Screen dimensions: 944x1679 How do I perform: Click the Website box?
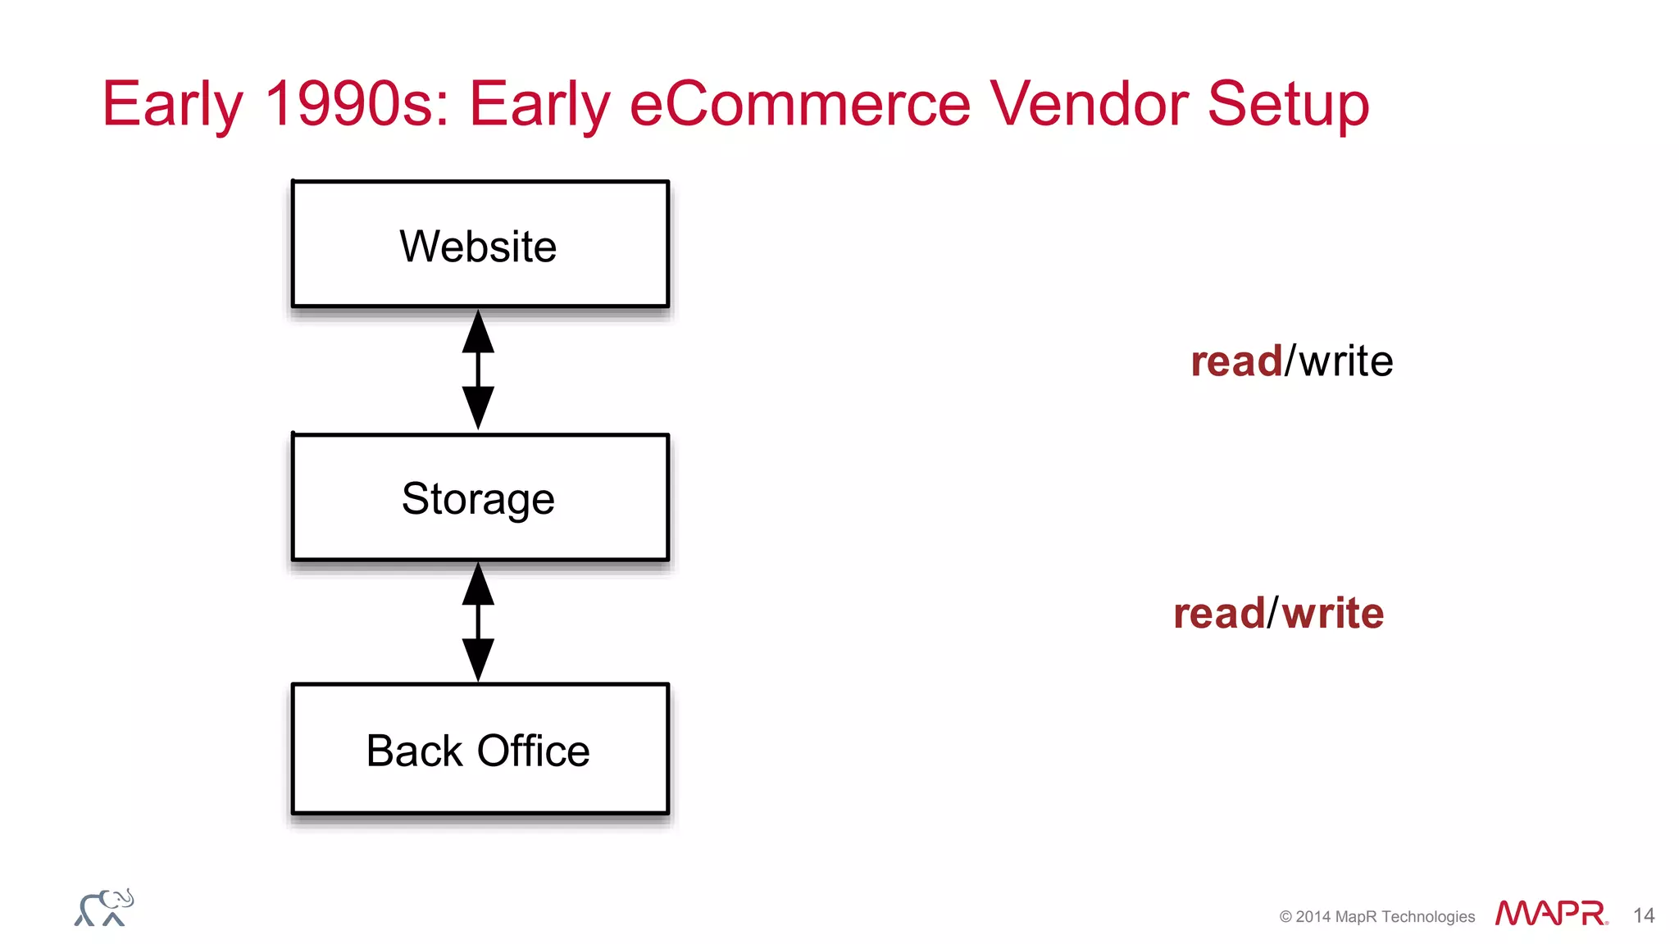tap(480, 244)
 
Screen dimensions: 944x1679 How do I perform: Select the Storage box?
tap(480, 497)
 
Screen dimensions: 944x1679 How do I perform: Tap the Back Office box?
tap(480, 749)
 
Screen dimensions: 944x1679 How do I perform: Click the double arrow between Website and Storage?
tap(478, 370)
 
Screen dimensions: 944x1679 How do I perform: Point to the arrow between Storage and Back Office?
tap(478, 622)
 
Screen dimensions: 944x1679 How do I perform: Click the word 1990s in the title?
tap(357, 104)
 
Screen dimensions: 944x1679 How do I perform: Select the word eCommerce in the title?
tap(799, 104)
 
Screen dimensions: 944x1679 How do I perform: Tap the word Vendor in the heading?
tap(1089, 104)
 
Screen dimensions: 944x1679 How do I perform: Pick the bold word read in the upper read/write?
tap(1236, 361)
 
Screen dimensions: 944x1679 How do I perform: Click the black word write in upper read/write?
tap(1345, 361)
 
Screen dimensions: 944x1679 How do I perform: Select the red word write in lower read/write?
tap(1332, 613)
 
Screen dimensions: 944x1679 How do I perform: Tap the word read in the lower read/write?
tap(1219, 614)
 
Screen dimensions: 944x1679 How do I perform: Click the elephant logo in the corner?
tap(104, 908)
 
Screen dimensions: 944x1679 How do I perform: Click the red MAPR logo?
tap(1550, 913)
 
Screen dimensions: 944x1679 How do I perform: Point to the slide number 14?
tap(1643, 915)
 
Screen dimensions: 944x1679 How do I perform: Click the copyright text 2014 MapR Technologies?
tap(1376, 916)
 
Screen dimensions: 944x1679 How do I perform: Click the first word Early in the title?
tap(172, 104)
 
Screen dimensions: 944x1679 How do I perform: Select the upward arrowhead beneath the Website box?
tap(478, 332)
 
